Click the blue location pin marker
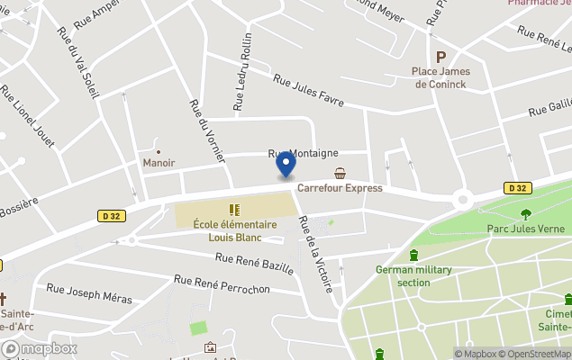pyautogui.click(x=286, y=165)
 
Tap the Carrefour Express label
pyautogui.click(x=340, y=188)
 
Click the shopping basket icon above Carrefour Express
pyautogui.click(x=340, y=173)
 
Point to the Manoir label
pyautogui.click(x=159, y=163)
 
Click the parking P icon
pyautogui.click(x=441, y=56)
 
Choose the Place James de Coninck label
pyautogui.click(x=441, y=77)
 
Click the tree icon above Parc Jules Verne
pyautogui.click(x=525, y=213)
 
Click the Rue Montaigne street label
pyautogui.click(x=302, y=154)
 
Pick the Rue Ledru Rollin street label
pyautogui.click(x=242, y=72)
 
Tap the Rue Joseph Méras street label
pyautogui.click(x=89, y=293)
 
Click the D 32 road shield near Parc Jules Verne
pyautogui.click(x=516, y=188)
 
